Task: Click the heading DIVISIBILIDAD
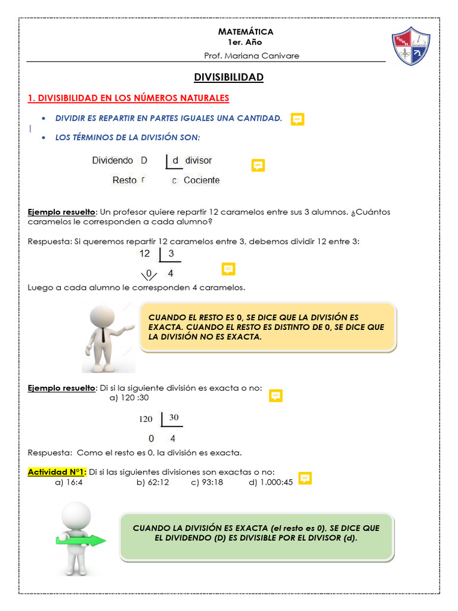(x=229, y=78)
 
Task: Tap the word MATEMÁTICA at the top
(x=246, y=32)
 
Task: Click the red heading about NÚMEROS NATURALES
(x=128, y=98)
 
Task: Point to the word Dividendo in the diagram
(x=113, y=161)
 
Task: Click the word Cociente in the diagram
(x=202, y=180)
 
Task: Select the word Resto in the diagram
(x=124, y=180)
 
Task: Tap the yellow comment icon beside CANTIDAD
(x=298, y=119)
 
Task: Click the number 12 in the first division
(x=145, y=254)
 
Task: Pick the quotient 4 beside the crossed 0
(x=171, y=274)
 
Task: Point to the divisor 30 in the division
(x=174, y=418)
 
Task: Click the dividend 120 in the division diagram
(x=146, y=419)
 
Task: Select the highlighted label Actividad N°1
(x=57, y=472)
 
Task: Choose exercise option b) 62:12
(x=153, y=482)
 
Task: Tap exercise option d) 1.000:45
(x=271, y=482)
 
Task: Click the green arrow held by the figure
(x=81, y=541)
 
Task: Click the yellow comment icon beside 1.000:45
(x=305, y=479)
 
